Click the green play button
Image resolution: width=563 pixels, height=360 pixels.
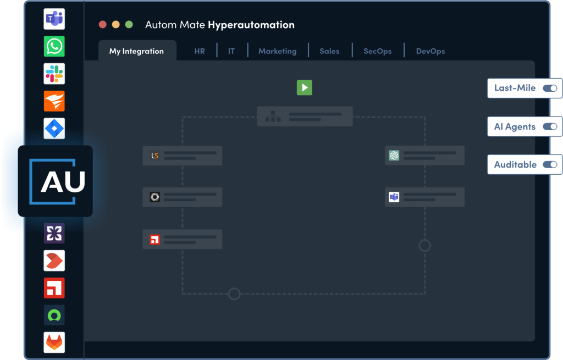tap(305, 87)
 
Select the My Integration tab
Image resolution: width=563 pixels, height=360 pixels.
tap(137, 51)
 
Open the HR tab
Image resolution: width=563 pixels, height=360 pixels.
tap(200, 51)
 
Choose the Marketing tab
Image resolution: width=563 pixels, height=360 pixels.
tap(278, 51)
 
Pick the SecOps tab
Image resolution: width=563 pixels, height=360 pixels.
tap(377, 51)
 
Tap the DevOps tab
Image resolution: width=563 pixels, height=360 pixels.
tap(430, 51)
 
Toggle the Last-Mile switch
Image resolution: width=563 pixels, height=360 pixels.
tap(550, 88)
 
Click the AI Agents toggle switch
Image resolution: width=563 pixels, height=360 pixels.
tap(550, 126)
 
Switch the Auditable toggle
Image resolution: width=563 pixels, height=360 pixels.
tap(550, 164)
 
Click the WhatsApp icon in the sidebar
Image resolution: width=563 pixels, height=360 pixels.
tap(54, 46)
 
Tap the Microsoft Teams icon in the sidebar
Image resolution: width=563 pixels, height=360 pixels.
tap(54, 19)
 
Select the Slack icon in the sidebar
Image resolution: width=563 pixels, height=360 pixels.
tap(54, 74)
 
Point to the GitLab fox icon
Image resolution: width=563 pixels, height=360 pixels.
tap(54, 342)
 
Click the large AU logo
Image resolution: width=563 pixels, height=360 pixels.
tap(56, 181)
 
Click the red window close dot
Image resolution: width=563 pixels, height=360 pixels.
tap(103, 24)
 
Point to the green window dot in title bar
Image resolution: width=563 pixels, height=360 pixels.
tap(129, 24)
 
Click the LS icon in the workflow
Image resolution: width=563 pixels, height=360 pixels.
tap(154, 156)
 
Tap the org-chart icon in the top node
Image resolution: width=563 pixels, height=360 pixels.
tap(273, 117)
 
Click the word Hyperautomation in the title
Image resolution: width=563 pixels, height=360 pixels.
tap(251, 25)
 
